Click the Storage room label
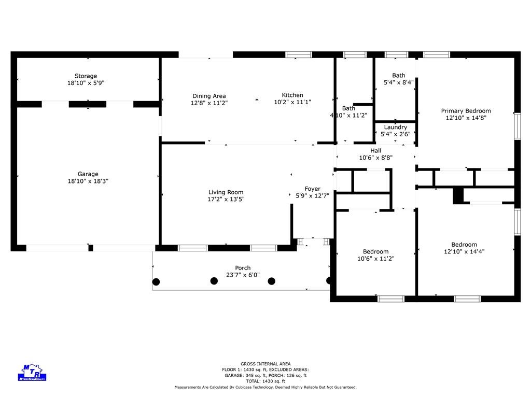86,76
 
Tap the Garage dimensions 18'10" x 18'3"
88,181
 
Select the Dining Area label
209,96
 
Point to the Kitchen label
292,95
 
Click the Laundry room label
396,127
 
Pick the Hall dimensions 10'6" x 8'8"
376,158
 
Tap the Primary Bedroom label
466,111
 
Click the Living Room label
226,192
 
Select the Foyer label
313,189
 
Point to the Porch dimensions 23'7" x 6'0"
243,275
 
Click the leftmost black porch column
156,281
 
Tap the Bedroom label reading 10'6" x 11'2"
376,252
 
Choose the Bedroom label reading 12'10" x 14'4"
464,245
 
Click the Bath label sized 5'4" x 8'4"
399,76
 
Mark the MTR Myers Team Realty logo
32,372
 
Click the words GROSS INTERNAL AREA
265,364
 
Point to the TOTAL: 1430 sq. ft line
265,381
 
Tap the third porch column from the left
272,281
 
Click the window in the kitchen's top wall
299,55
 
